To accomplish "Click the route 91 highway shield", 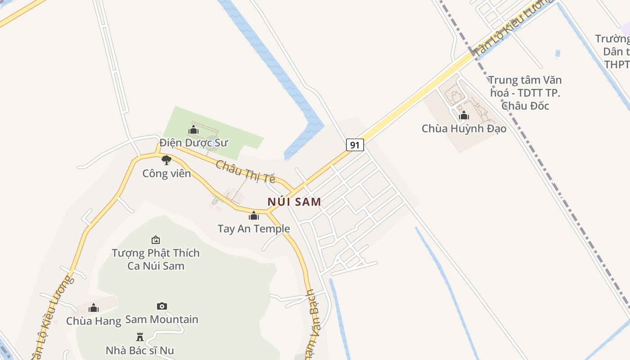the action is point(355,145).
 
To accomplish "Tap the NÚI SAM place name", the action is point(294,202).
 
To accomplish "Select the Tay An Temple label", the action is point(254,229).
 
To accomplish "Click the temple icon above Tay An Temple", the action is point(254,216).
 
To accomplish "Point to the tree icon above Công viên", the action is point(166,160).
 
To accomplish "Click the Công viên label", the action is point(166,173).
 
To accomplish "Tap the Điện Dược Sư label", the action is point(193,143).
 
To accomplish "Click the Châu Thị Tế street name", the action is point(245,171).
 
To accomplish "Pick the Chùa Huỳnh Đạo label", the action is point(464,129).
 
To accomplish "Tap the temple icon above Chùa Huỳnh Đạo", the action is point(464,116).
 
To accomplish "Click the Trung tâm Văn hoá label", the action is point(525,93).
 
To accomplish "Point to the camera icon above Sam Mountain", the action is point(162,306).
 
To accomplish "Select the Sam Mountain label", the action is point(162,319).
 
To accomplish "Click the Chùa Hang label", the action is point(94,321).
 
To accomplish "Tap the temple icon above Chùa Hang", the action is point(94,308).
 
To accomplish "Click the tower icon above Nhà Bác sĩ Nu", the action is point(139,337).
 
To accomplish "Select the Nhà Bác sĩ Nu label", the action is point(139,350).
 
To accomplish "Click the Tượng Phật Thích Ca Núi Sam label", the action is point(156,259).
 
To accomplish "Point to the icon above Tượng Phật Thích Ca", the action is point(156,240).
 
